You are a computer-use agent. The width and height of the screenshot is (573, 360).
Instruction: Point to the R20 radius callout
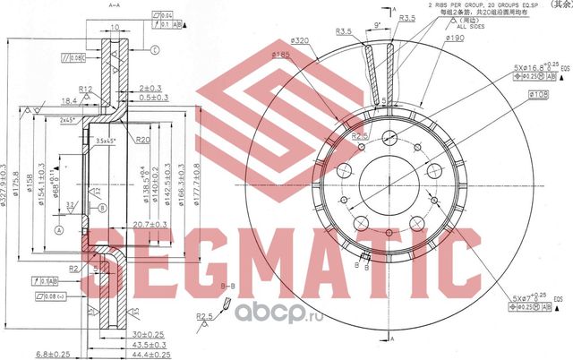point(142,140)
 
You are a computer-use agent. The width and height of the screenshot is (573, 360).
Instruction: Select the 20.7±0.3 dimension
point(150,224)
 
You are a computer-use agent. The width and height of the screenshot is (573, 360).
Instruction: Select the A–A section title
point(115,4)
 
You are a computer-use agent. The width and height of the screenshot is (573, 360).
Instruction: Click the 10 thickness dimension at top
point(117,27)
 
